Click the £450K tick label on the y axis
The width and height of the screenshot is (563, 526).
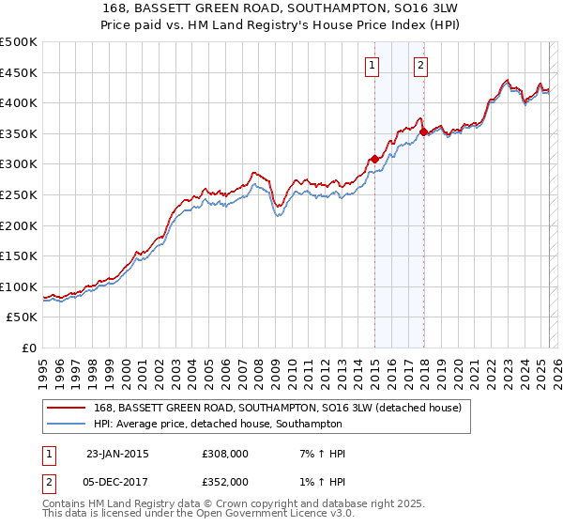[18, 72]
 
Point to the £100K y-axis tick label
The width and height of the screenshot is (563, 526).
[18, 286]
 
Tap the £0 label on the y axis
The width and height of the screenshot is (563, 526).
[28, 348]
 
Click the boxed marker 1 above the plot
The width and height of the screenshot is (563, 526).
[373, 65]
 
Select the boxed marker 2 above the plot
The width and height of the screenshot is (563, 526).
[419, 65]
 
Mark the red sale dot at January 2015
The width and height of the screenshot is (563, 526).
[374, 159]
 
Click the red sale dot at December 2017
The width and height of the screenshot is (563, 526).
[423, 132]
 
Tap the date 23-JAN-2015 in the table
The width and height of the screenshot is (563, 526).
[117, 454]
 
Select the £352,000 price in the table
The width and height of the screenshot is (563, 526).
[225, 481]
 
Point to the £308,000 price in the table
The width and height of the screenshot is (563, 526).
[225, 454]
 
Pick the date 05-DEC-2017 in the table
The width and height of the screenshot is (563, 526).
[117, 481]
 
